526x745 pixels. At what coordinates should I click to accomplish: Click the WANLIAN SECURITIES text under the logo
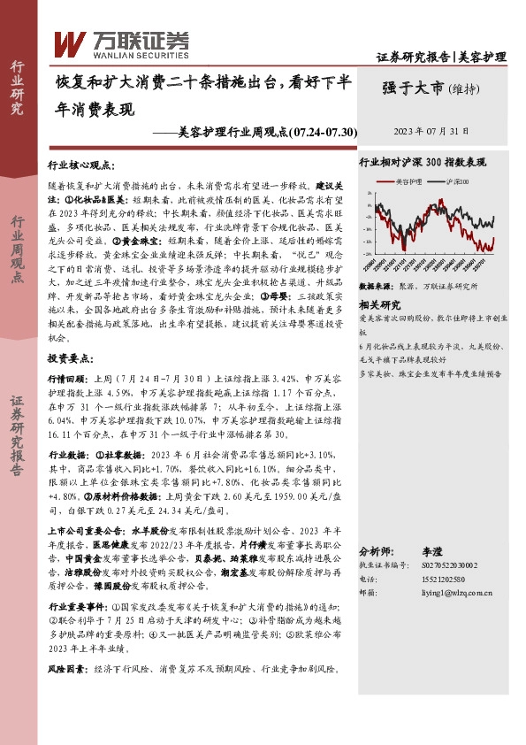click(130, 52)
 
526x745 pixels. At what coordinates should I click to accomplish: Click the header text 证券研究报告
click(413, 58)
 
